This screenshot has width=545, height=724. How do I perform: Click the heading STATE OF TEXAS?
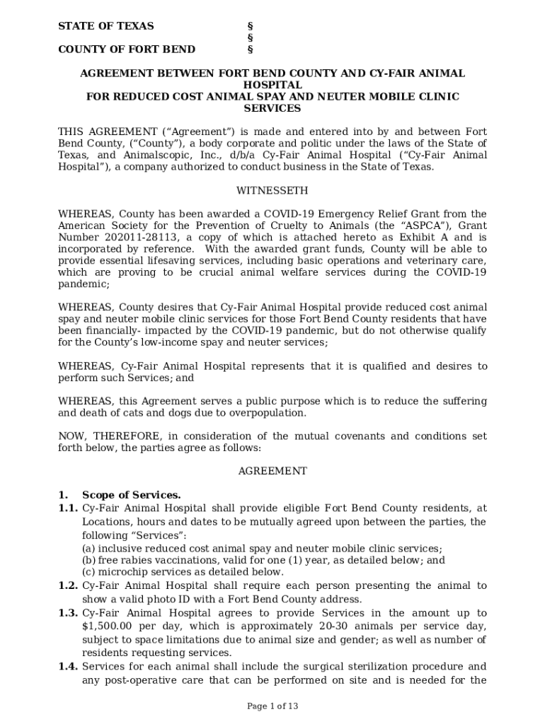[105, 26]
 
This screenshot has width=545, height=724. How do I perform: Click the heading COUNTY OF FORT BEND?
[127, 49]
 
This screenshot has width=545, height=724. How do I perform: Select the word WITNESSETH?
[272, 191]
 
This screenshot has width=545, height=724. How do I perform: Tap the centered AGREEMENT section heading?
[272, 471]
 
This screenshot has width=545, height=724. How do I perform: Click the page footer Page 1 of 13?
[272, 706]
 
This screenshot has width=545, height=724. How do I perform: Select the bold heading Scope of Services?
[132, 495]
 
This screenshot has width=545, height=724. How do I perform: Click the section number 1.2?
[68, 585]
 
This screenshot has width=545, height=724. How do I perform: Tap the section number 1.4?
[68, 667]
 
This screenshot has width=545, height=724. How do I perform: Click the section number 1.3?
[68, 613]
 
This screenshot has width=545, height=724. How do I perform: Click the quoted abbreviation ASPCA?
[412, 226]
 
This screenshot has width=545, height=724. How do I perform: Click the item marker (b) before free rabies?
[89, 560]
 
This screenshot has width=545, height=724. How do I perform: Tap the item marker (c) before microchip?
[89, 572]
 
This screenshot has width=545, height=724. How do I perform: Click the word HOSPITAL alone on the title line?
[272, 85]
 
